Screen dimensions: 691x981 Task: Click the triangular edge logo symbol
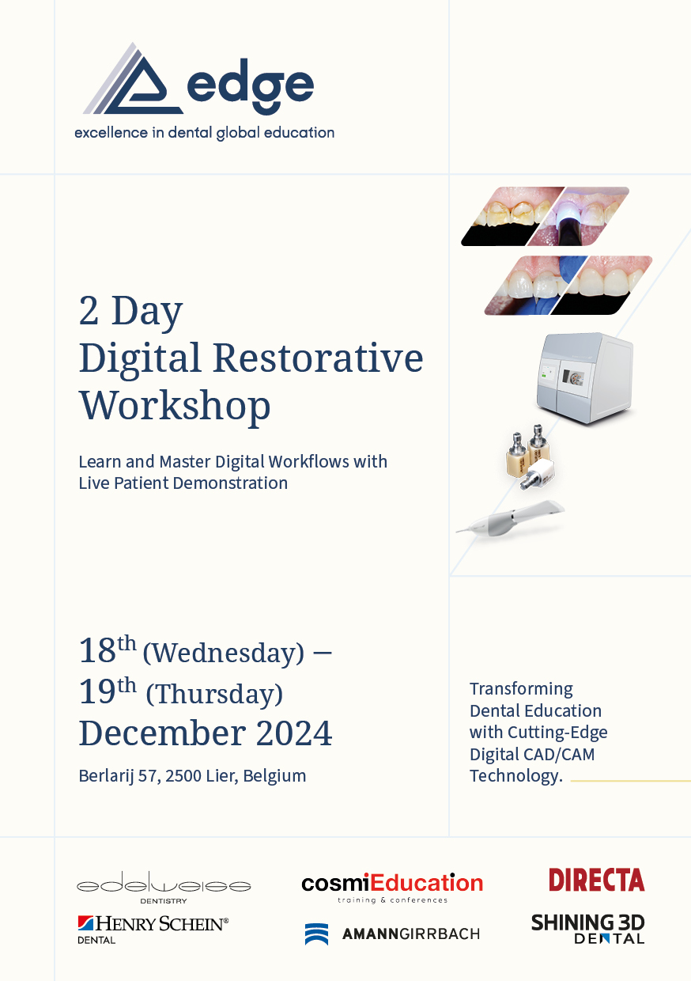click(131, 81)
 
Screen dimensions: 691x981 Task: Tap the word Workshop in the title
click(175, 407)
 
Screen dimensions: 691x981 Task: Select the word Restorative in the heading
click(318, 358)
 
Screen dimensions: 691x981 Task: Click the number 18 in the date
click(97, 651)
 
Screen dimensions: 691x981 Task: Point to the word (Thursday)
click(214, 694)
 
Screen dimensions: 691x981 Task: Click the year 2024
click(294, 733)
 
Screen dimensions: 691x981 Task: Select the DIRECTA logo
click(597, 880)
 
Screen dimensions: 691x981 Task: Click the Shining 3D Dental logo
click(587, 928)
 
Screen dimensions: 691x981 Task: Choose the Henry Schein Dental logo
click(153, 929)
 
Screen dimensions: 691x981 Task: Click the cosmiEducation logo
click(393, 888)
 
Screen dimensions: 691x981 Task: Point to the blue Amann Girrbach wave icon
click(316, 934)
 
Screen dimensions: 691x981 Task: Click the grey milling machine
click(585, 377)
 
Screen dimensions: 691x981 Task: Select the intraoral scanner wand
click(510, 521)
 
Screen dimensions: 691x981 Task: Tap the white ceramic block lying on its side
click(537, 475)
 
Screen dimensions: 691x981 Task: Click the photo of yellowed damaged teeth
click(512, 216)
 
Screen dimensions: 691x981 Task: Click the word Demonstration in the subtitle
click(230, 483)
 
